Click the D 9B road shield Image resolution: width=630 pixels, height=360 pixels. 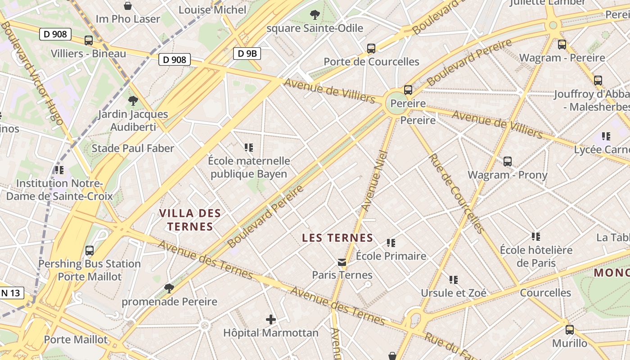[x=247, y=54]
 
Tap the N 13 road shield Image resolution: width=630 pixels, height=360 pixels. [x=11, y=293]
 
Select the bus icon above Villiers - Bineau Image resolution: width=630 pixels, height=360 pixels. [x=89, y=40]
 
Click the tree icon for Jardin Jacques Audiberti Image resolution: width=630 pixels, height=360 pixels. [x=133, y=100]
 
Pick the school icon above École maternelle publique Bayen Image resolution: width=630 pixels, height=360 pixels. [x=249, y=147]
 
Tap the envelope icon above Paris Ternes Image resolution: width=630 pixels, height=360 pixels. [x=342, y=262]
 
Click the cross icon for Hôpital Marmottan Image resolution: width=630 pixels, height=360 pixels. [x=270, y=319]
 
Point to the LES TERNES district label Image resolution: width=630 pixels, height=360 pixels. [x=337, y=238]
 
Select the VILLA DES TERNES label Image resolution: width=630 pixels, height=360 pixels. [x=191, y=220]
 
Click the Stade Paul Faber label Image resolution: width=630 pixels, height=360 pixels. [x=133, y=148]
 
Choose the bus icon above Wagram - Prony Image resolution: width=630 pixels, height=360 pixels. [x=508, y=161]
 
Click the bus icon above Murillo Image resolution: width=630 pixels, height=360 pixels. [x=570, y=330]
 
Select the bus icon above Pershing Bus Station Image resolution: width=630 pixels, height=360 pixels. [x=90, y=250]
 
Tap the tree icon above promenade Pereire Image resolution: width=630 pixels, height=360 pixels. [x=169, y=288]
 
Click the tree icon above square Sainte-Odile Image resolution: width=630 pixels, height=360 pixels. [x=315, y=15]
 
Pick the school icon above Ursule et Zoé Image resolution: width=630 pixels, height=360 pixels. [x=454, y=280]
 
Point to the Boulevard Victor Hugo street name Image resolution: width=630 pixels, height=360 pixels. [x=32, y=72]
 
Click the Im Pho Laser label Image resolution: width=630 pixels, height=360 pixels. [x=128, y=19]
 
